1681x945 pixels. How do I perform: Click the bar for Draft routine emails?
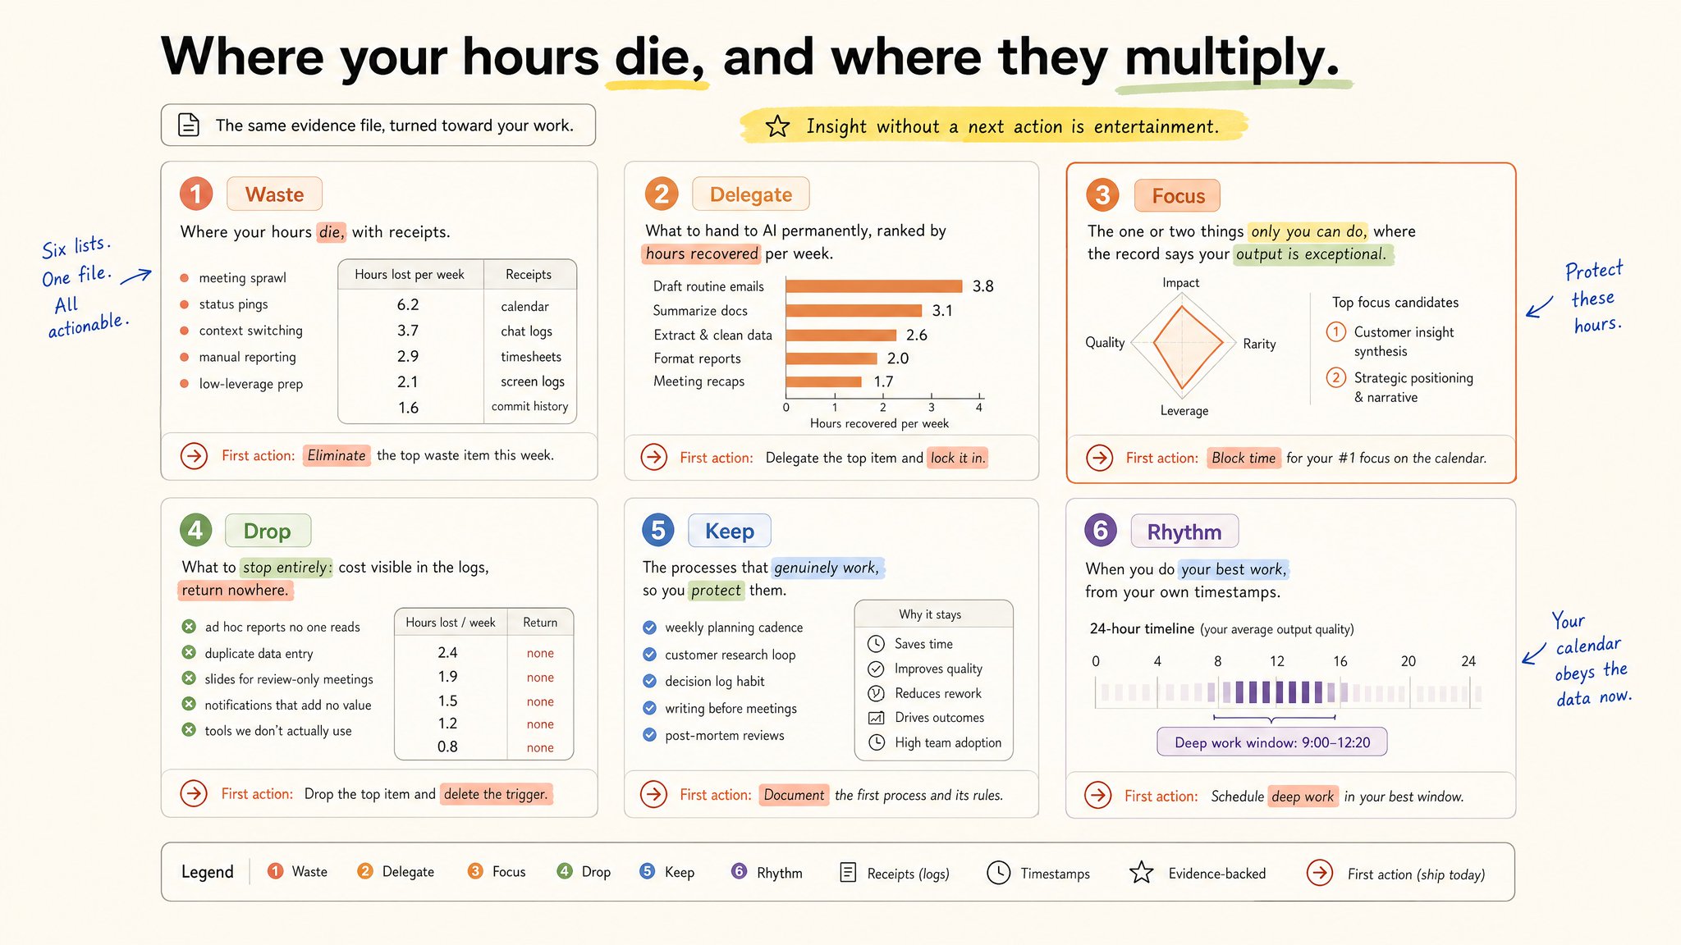[x=874, y=286]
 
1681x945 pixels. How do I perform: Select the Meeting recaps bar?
[x=824, y=381]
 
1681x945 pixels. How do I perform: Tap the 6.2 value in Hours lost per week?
[x=408, y=304]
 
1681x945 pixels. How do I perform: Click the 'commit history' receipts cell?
[x=530, y=406]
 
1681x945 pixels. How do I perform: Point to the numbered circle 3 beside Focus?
[x=1102, y=195]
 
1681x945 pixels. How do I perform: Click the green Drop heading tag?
[x=268, y=531]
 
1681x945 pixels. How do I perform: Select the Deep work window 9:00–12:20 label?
[x=1272, y=742]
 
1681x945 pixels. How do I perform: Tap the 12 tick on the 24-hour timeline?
[x=1277, y=661]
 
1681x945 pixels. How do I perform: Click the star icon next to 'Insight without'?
[x=777, y=126]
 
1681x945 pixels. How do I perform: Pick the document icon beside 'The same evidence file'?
[x=189, y=125]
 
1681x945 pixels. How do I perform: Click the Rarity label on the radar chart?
[x=1259, y=344]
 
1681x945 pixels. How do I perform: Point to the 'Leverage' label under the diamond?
[x=1184, y=411]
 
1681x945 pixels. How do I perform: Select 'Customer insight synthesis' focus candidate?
[x=1404, y=341]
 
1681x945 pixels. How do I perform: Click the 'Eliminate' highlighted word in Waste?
[x=337, y=455]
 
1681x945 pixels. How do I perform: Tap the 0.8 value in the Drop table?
[x=447, y=746]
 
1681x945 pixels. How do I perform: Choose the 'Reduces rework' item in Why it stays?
[x=938, y=693]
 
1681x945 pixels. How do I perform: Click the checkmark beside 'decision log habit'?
[x=649, y=681]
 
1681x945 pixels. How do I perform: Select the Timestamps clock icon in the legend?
[x=998, y=873]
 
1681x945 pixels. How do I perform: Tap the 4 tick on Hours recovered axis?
[x=979, y=407]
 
